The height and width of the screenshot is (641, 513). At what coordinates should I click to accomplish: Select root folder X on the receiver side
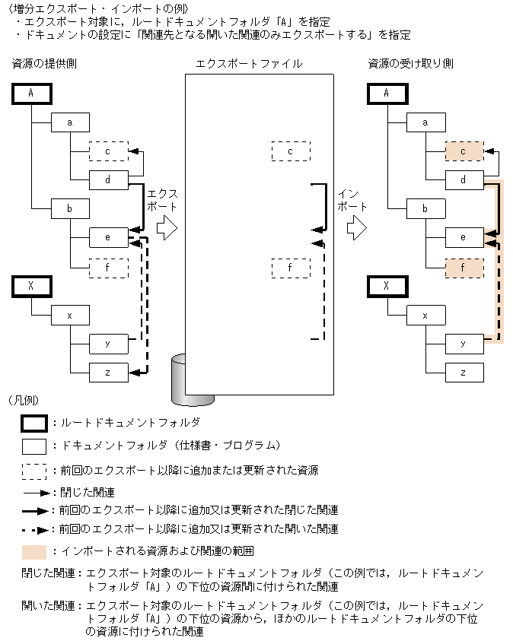387,286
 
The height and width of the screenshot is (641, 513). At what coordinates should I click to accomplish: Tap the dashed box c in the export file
291,151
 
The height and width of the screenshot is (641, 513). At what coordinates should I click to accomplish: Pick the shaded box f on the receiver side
464,268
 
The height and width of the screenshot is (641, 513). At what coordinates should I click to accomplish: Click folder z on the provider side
108,373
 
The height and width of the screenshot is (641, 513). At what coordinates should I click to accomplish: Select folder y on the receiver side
464,344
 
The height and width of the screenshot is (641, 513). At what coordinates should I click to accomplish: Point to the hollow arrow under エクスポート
167,227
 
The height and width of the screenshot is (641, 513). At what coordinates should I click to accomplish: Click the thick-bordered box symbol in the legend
35,421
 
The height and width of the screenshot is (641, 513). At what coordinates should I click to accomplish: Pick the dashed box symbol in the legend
35,471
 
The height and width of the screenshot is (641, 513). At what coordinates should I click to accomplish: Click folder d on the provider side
108,180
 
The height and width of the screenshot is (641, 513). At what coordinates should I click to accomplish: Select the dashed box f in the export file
291,268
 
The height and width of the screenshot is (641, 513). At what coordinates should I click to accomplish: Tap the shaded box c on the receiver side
464,151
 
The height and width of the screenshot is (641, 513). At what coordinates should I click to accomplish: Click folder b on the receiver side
425,208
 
